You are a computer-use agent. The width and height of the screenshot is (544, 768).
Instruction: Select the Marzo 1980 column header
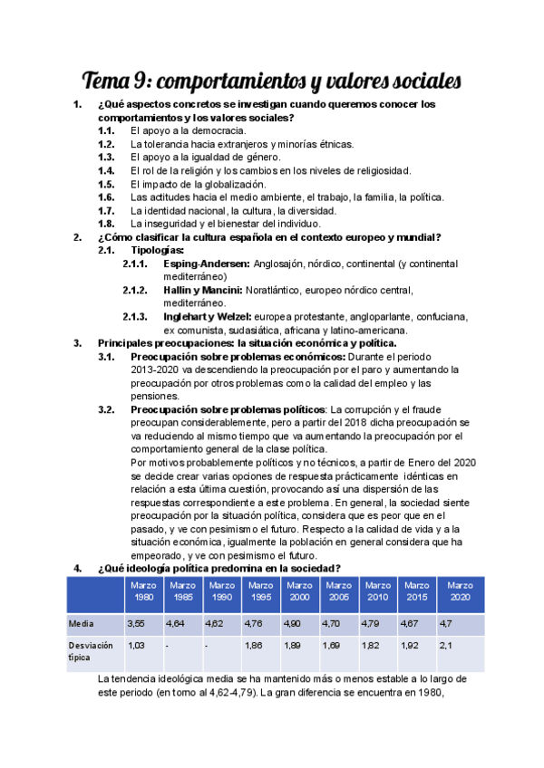point(143,591)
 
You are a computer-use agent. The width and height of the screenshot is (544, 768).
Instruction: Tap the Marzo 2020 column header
point(460,591)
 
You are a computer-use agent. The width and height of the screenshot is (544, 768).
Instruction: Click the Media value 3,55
point(136,624)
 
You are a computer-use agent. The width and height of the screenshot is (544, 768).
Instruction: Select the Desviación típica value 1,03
point(136,645)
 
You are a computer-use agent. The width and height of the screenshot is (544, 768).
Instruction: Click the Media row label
point(81,624)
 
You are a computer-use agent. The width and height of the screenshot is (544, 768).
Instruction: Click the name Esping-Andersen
point(206,264)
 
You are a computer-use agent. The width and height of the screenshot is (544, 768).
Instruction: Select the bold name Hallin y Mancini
point(203,290)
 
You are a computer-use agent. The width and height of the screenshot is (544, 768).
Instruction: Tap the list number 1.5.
point(106,184)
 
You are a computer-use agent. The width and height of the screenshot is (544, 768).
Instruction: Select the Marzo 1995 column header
point(261,591)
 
